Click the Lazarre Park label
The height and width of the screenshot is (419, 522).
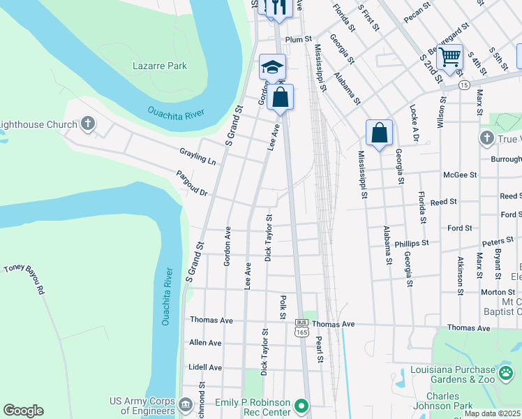coord(160,66)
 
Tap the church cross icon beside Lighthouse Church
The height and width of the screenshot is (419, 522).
coord(87,124)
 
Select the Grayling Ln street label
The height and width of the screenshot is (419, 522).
coord(197,156)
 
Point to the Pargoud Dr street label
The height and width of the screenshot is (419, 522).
coord(192,182)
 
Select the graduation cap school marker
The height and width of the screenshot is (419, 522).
coord(272,67)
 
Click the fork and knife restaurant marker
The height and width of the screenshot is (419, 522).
coord(278,8)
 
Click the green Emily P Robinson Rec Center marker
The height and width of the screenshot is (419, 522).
coord(301,405)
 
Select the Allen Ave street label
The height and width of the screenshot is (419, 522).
coord(205,343)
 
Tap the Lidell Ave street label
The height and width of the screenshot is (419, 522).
coord(205,367)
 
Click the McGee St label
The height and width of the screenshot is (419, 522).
coord(460,175)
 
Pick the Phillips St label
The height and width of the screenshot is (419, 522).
coord(411,244)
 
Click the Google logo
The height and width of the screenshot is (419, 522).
coord(23,411)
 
